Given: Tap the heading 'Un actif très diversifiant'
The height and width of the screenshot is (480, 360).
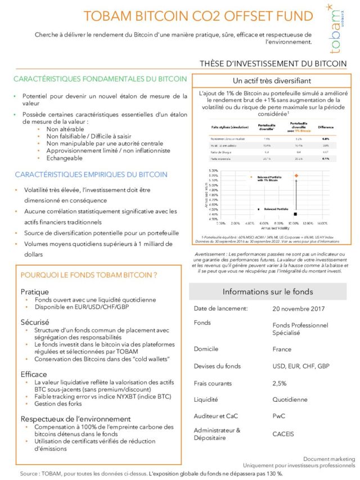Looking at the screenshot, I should pyautogui.click(x=269, y=81).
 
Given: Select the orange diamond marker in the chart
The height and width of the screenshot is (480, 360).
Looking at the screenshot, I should pyautogui.click(x=296, y=176).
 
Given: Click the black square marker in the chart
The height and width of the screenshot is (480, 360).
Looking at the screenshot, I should pyautogui.click(x=296, y=214).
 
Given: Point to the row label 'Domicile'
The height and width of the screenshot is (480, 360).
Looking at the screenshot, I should pyautogui.click(x=206, y=349).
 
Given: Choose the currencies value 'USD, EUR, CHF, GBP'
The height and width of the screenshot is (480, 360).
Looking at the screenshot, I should pyautogui.click(x=300, y=366).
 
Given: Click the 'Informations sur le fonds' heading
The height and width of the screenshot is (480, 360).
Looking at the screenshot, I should pyautogui.click(x=268, y=291).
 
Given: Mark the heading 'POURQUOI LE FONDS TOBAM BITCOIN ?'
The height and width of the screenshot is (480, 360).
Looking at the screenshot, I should pyautogui.click(x=88, y=275).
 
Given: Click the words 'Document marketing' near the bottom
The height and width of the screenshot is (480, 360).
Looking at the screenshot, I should pyautogui.click(x=329, y=459).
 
